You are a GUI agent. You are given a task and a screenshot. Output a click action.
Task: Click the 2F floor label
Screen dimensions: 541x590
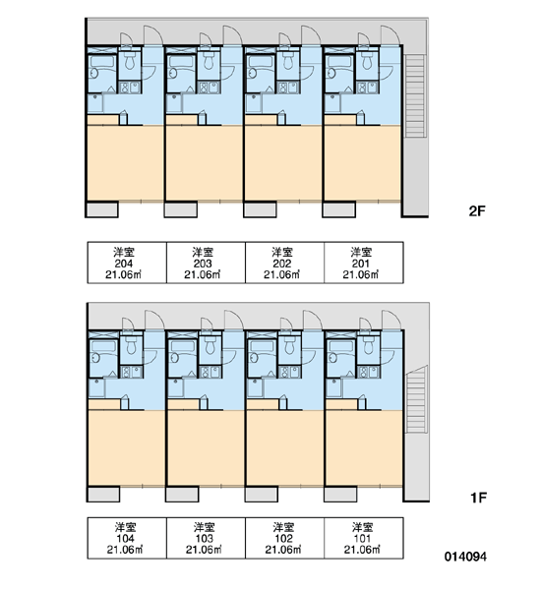pyautogui.click(x=477, y=211)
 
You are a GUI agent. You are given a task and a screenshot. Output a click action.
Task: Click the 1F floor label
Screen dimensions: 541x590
pyautogui.click(x=478, y=498)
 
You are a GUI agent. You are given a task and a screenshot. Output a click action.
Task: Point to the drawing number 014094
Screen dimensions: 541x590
pyautogui.click(x=465, y=557)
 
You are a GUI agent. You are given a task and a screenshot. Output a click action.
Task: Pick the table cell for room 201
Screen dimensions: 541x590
pyautogui.click(x=364, y=263)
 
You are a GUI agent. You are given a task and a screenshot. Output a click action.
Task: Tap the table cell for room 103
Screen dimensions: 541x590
pyautogui.click(x=206, y=538)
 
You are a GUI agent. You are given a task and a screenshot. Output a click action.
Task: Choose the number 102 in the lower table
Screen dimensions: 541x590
pyautogui.click(x=283, y=539)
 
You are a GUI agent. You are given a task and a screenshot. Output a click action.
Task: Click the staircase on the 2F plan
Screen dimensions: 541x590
pyautogui.click(x=415, y=96)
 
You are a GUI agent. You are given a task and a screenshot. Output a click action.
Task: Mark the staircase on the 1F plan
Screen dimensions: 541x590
pyautogui.click(x=417, y=399)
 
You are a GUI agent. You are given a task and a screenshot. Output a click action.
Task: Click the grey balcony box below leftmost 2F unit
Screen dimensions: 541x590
pyautogui.click(x=102, y=209)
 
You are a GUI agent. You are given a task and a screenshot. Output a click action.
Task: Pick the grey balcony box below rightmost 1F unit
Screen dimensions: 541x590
pyautogui.click(x=340, y=494)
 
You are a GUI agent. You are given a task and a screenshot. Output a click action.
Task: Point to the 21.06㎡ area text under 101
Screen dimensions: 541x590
pyautogui.click(x=362, y=550)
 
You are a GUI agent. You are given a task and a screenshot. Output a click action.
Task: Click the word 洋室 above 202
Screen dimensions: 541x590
pyautogui.click(x=282, y=252)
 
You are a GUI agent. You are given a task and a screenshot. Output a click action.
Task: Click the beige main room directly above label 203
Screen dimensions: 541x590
pyautogui.click(x=205, y=163)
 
